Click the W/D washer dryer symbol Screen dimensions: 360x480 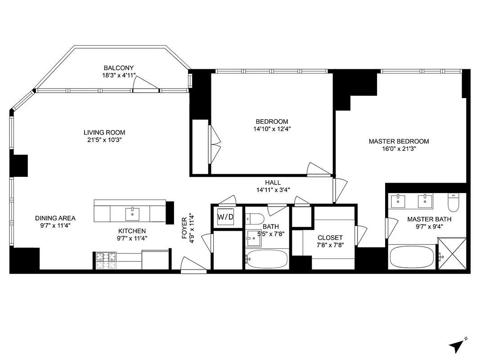click(x=226, y=217)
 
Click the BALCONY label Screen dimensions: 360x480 click(x=119, y=68)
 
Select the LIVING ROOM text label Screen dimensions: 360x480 click(x=104, y=132)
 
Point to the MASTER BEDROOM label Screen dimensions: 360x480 click(x=399, y=141)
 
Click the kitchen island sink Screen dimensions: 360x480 click(x=133, y=212)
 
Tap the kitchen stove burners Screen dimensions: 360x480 click(x=105, y=258)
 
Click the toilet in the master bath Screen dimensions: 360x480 click(x=453, y=202)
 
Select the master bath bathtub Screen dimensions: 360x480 click(x=412, y=256)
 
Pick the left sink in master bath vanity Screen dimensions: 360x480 click(x=399, y=201)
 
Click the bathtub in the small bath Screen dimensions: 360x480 click(x=267, y=259)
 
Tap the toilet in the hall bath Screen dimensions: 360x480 click(x=255, y=219)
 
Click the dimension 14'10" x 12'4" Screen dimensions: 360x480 click(x=272, y=129)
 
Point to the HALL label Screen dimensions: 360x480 click(x=273, y=182)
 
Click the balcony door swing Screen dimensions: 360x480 click(x=146, y=84)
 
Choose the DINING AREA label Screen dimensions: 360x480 click(x=55, y=218)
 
